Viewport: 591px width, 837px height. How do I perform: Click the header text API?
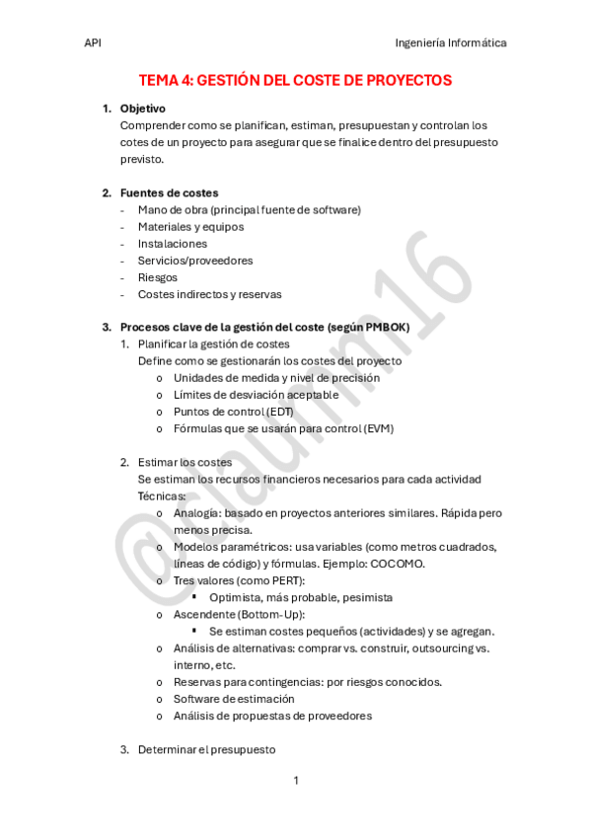(93, 43)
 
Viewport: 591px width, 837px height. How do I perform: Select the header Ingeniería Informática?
(450, 43)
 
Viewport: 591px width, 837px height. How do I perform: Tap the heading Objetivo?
(142, 109)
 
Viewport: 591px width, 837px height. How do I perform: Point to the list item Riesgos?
(158, 277)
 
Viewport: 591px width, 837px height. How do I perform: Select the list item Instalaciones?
(173, 244)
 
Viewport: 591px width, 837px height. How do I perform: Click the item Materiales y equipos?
(190, 227)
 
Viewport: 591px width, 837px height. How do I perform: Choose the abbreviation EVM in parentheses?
(379, 428)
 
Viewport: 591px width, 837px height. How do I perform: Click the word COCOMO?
(398, 564)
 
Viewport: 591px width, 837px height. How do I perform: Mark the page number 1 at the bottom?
(295, 781)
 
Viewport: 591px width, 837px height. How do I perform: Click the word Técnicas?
(161, 495)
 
